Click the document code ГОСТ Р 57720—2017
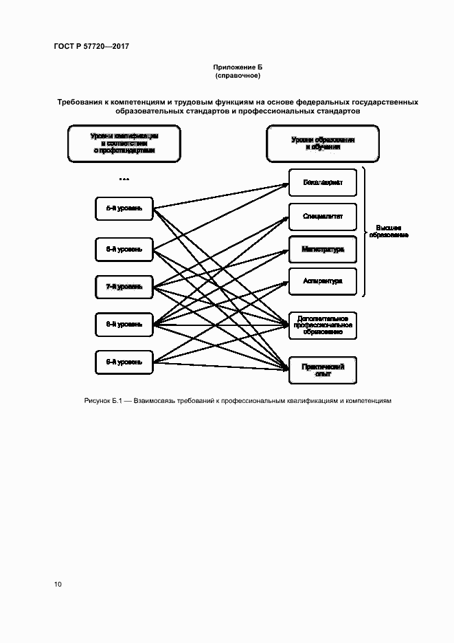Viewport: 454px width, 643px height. pos(91,46)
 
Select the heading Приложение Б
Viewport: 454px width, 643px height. pos(238,67)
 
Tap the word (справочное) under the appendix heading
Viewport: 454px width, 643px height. pos(238,76)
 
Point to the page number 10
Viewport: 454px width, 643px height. pos(58,584)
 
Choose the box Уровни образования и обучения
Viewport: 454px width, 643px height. pos(322,142)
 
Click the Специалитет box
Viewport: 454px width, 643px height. pos(322,217)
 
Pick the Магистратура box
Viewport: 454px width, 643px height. pos(322,249)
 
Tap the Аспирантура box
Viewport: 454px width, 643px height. pos(322,281)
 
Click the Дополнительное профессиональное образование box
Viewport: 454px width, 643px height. pos(322,325)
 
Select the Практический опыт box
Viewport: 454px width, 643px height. pos(322,370)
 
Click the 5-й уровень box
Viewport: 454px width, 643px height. pos(124,208)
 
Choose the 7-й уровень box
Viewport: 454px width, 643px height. pos(124,286)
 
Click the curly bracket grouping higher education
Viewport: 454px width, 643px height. pos(367,232)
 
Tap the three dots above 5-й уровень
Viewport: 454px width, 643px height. pos(124,179)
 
